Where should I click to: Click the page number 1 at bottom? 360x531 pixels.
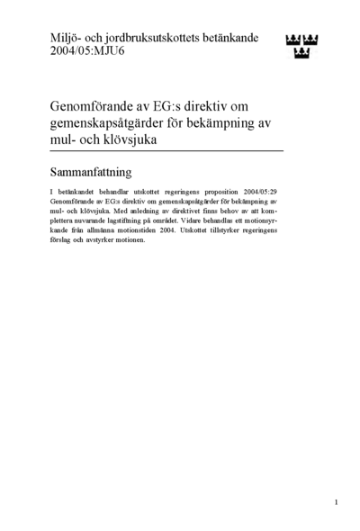335,501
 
